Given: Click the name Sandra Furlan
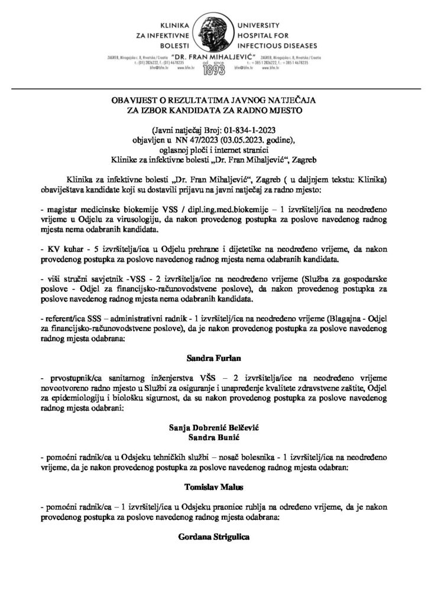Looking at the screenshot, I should (x=213, y=358).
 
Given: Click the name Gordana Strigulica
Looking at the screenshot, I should (x=213, y=538).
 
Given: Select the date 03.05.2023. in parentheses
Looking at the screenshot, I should (x=235, y=139).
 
